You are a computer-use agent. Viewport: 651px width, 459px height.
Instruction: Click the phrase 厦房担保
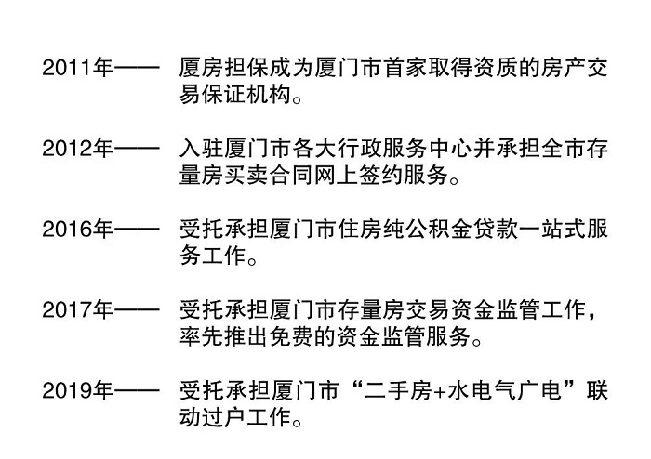coord(224,70)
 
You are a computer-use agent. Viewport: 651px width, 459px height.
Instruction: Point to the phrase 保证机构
coord(246,96)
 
